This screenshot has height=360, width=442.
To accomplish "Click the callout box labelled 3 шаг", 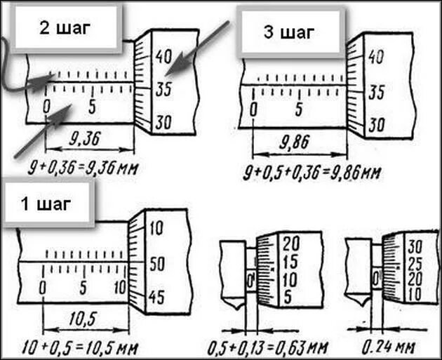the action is (290, 32).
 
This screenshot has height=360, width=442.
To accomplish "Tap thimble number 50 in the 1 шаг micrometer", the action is (156, 265).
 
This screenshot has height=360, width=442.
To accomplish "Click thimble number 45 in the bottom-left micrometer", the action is (156, 298).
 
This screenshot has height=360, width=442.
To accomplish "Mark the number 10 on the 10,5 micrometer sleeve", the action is (120, 288).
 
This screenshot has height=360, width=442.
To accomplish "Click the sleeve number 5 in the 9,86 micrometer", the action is (300, 109).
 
